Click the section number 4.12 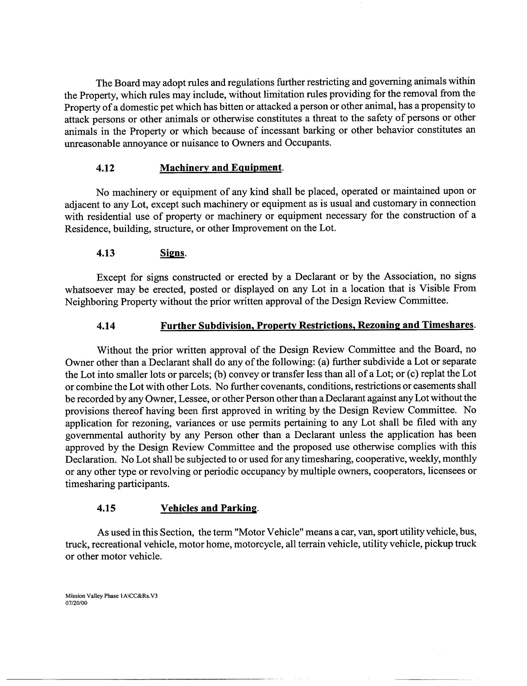click(x=105, y=168)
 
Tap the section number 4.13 click(x=106, y=253)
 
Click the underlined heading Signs click(x=172, y=253)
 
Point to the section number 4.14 click(x=106, y=326)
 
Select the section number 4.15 click(x=106, y=508)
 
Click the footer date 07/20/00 click(x=76, y=603)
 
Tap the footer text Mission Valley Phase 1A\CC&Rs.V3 click(x=111, y=596)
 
